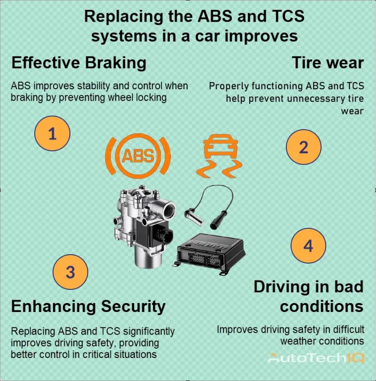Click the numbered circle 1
(52, 134)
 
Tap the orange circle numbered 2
(304, 147)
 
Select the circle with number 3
(70, 272)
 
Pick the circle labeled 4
(308, 245)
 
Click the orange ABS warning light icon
(138, 156)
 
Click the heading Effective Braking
(78, 62)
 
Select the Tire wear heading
(328, 62)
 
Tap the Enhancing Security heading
(88, 306)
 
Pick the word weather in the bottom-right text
(300, 341)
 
